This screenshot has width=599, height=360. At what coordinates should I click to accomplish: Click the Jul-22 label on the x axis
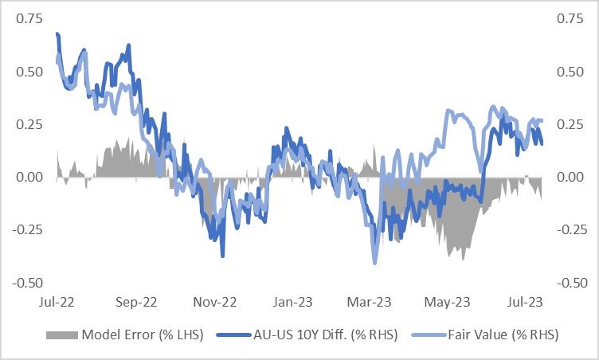coord(57,303)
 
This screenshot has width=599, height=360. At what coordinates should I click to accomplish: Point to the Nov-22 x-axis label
coord(216,303)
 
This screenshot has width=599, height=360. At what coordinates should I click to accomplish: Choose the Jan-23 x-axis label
coord(293,303)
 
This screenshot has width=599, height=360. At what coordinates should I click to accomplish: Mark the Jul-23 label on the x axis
coord(526,303)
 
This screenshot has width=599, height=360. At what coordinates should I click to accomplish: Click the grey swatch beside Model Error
coord(63,335)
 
